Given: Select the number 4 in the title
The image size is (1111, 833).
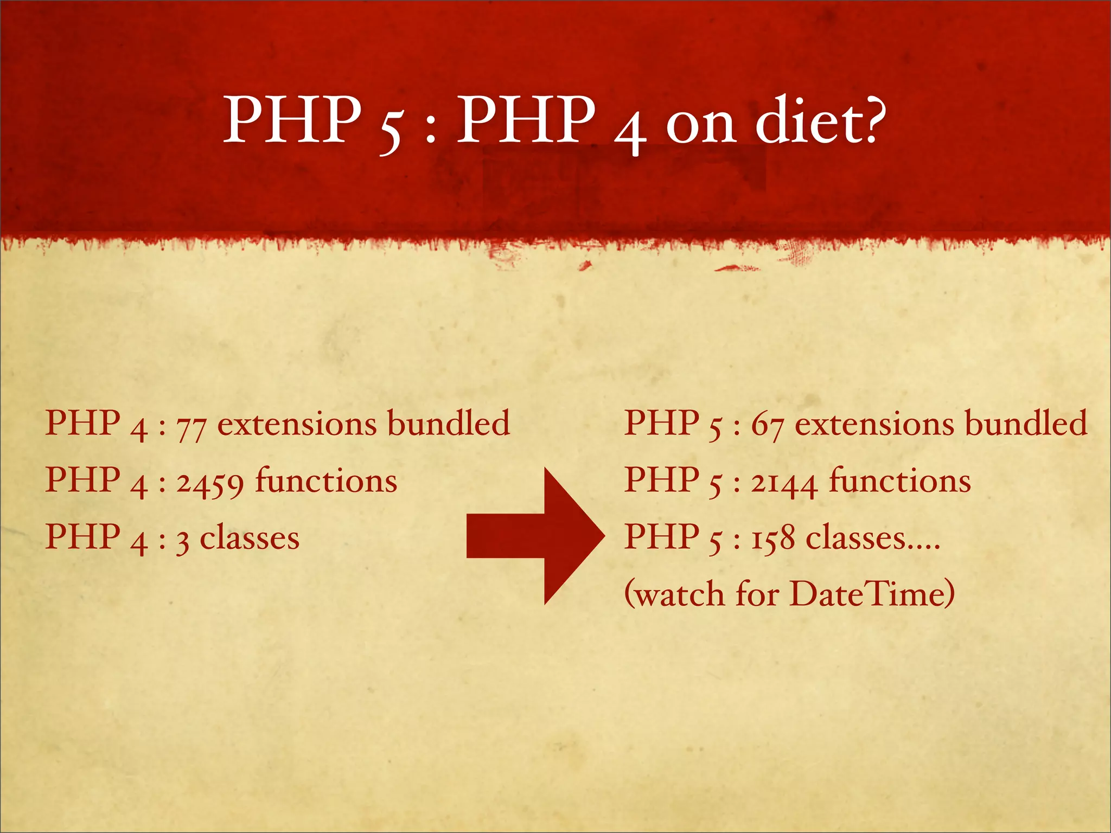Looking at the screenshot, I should click(630, 130).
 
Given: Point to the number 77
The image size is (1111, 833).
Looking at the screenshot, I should click(191, 427).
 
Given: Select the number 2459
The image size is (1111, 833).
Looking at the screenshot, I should click(210, 483).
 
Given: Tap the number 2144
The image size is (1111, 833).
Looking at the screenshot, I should click(784, 483).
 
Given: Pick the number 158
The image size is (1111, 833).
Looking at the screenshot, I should click(773, 540).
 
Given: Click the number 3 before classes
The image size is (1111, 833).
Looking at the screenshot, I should click(183, 541).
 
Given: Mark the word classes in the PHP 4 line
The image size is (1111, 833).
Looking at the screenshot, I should click(250, 539).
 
